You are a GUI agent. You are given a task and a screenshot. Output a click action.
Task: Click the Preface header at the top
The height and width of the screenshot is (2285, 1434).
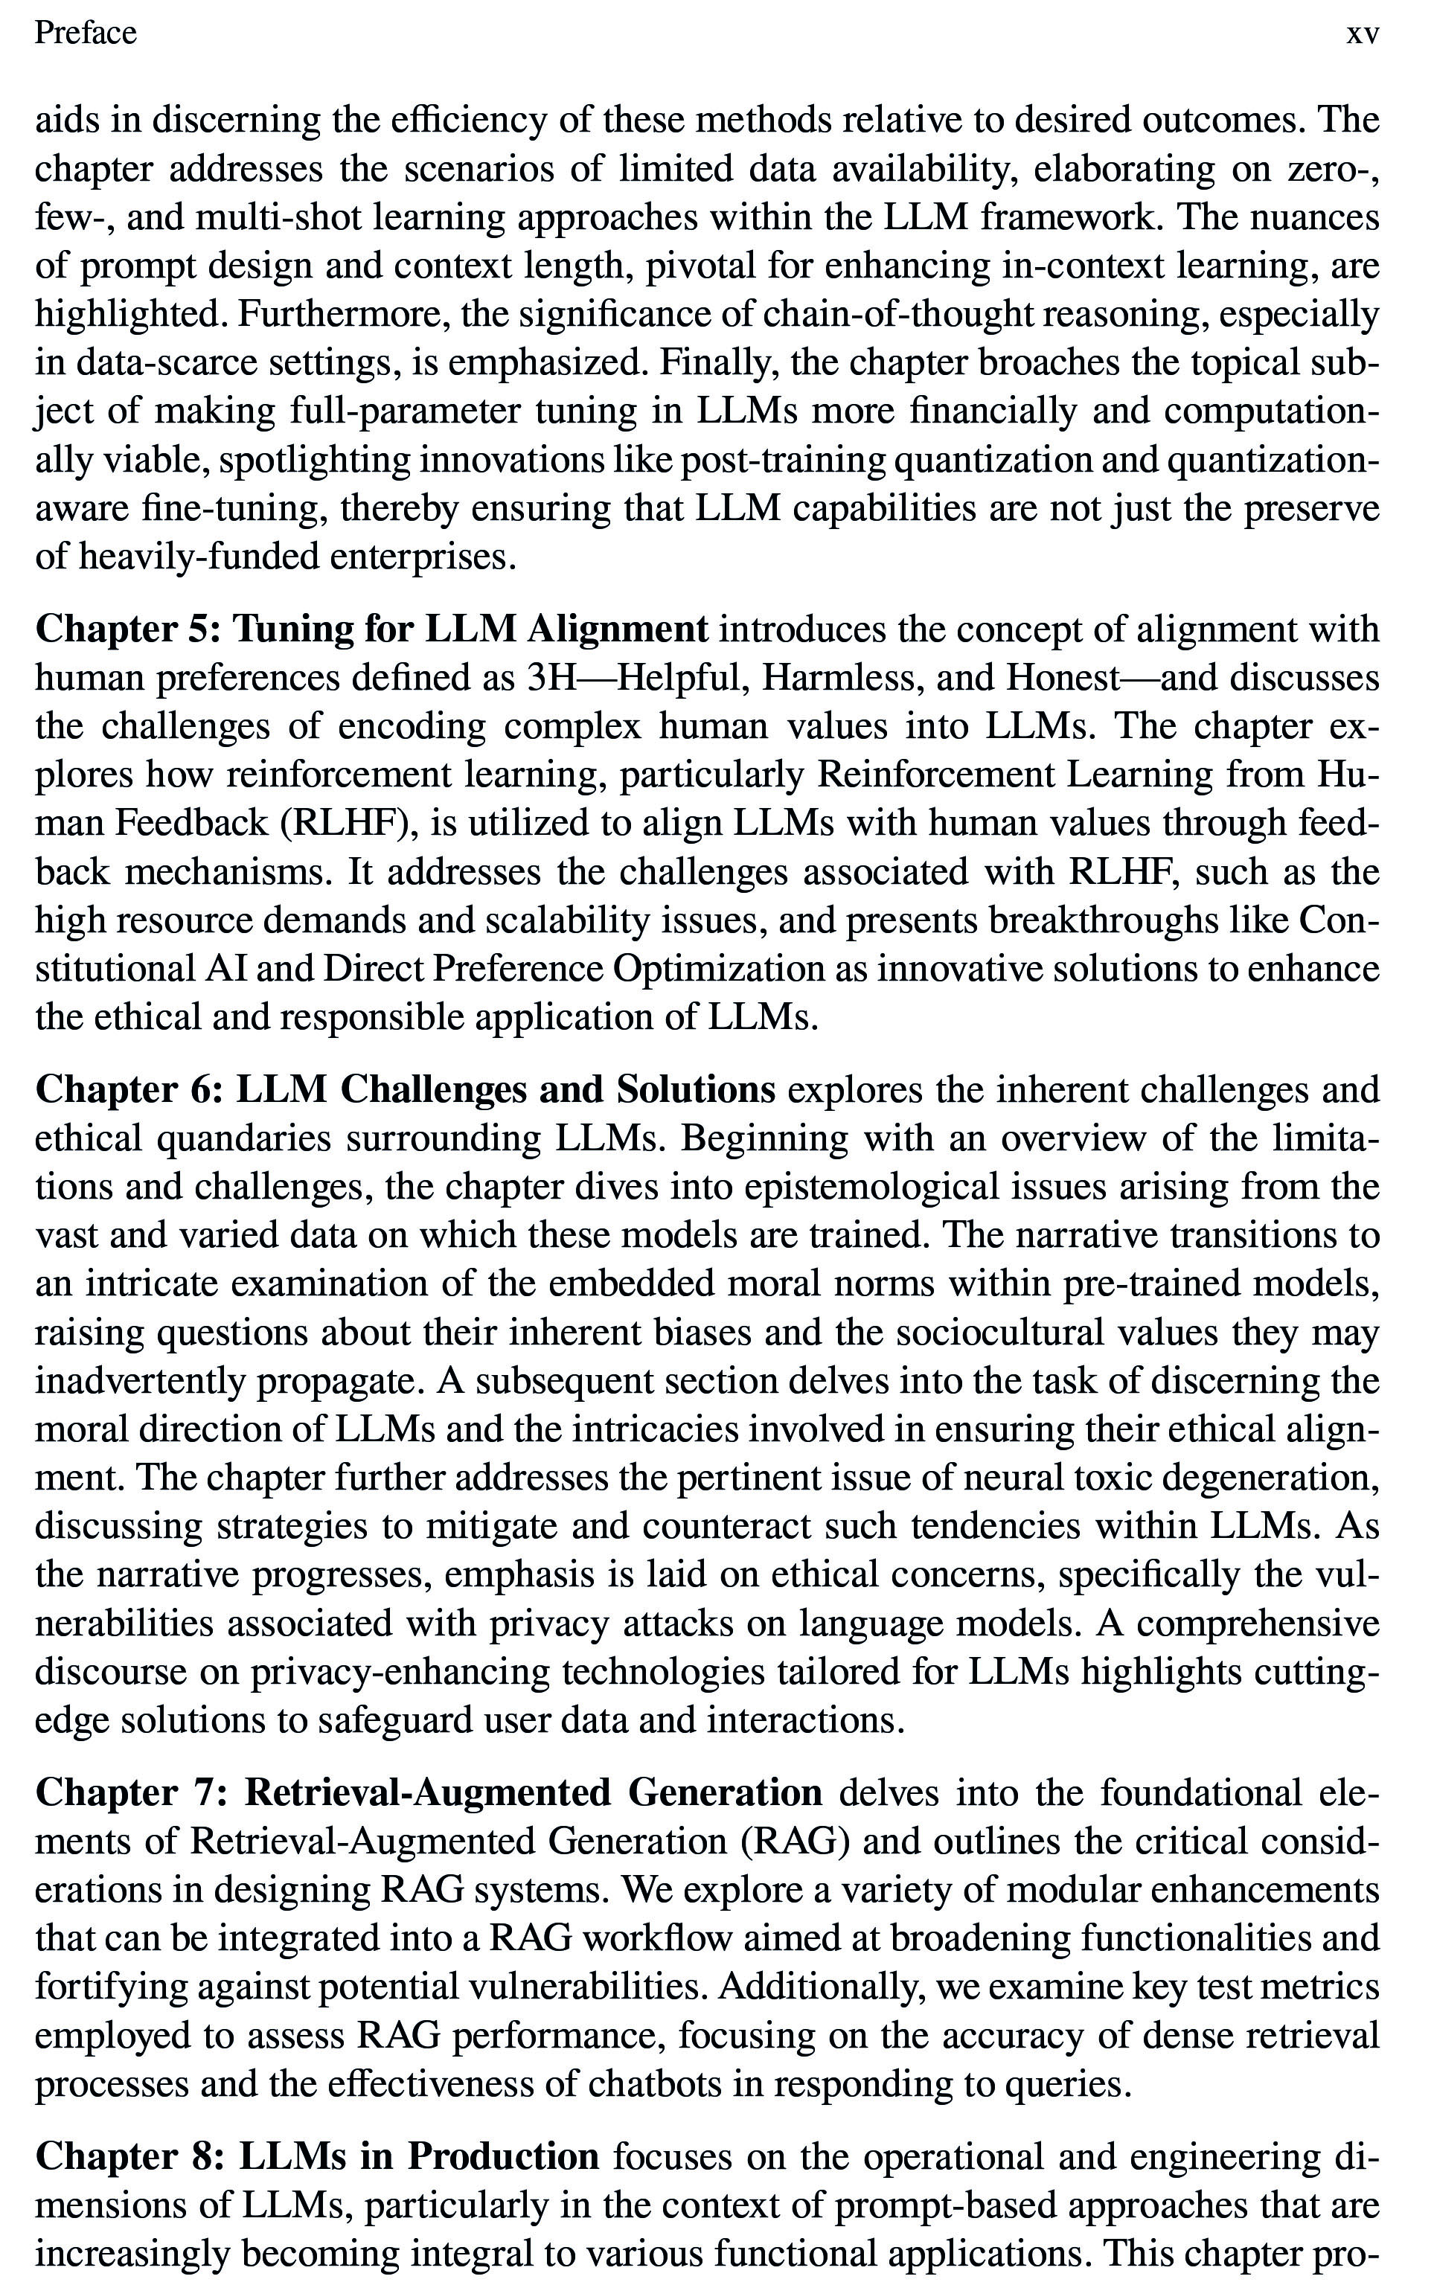(x=86, y=33)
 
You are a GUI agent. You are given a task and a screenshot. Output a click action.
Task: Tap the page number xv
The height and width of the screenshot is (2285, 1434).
(x=1362, y=34)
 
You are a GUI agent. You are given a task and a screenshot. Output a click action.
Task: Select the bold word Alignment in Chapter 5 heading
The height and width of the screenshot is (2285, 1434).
(x=618, y=629)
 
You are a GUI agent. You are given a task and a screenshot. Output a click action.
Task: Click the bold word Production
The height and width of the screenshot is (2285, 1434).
(x=504, y=2156)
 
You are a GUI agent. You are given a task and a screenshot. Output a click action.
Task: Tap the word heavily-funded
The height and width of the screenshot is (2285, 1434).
(x=197, y=557)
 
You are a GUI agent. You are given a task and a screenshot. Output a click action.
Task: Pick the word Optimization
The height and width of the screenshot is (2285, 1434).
(x=720, y=969)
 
